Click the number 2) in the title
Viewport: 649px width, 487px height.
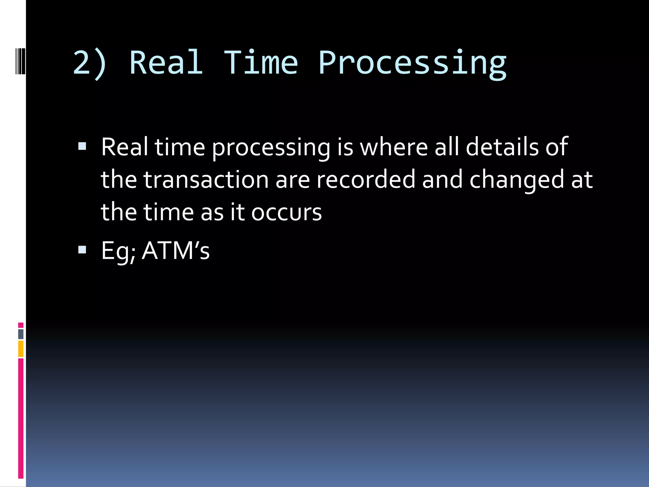pos(90,63)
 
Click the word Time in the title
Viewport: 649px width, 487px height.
pos(261,63)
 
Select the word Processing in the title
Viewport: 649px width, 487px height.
pos(412,63)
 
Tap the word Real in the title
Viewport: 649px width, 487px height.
pos(166,63)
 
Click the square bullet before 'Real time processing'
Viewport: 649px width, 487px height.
pos(82,146)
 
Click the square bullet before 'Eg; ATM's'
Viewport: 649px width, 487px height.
pos(82,250)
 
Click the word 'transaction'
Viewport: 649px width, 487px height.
pos(206,180)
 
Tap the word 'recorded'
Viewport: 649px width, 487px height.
pos(366,180)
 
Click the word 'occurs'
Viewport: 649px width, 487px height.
pos(286,212)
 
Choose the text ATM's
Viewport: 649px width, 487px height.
pos(176,250)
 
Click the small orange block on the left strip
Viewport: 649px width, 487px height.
pos(21,349)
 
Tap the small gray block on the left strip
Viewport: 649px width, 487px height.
pos(21,334)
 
